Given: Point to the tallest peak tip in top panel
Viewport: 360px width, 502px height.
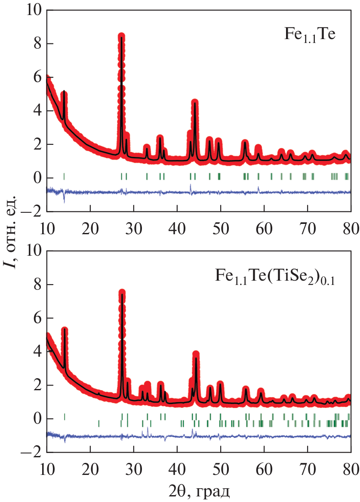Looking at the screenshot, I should click(121, 36).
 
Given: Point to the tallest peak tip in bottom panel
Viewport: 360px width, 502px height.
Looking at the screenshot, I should click(122, 293).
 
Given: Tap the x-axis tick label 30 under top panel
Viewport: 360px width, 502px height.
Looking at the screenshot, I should click(134, 227).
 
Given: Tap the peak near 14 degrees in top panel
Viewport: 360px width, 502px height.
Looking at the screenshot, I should click(64, 93).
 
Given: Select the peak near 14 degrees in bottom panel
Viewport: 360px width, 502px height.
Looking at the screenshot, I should click(65, 330).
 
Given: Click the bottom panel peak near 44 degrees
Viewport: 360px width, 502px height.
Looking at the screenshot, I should click(196, 354).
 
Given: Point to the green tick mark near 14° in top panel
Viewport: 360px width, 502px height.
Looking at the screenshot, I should click(64, 176).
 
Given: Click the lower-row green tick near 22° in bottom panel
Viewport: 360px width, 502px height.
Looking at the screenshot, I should click(98, 423).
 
